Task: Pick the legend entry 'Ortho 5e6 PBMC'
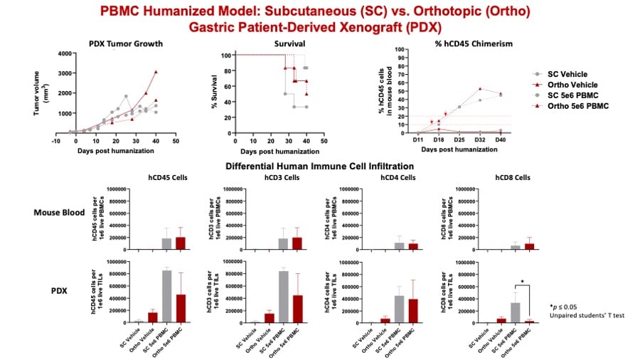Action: (x=580, y=106)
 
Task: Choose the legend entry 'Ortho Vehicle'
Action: (x=576, y=85)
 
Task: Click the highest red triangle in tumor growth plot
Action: (x=155, y=72)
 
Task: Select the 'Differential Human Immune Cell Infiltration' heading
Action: (x=319, y=166)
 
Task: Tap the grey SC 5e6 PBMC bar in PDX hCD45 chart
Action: (x=167, y=297)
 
